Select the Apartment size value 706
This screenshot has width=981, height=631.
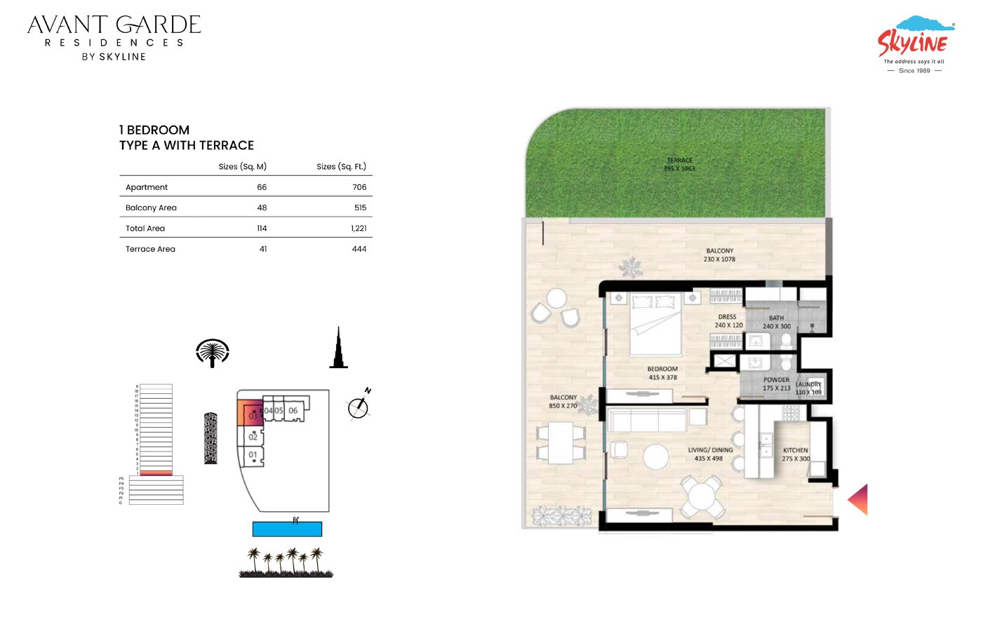point(359,187)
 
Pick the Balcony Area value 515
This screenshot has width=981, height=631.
point(360,208)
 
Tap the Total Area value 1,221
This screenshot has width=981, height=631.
point(359,229)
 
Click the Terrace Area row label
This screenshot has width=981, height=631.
point(150,249)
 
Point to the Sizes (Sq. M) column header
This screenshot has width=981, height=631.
point(242,167)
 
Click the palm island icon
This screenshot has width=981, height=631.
point(213,353)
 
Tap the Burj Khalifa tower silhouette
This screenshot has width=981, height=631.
point(338,348)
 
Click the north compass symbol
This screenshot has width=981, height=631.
point(359,407)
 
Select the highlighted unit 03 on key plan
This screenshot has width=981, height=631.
point(251,413)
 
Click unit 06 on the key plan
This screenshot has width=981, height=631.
point(293,410)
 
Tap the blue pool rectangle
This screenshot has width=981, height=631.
point(287,529)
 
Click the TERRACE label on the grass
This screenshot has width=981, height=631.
point(679,164)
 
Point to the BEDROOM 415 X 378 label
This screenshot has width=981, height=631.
point(662,373)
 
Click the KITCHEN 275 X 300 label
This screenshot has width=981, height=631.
point(795,454)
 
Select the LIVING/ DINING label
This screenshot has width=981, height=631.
point(709,454)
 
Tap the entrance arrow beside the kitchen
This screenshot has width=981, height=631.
point(859,500)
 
